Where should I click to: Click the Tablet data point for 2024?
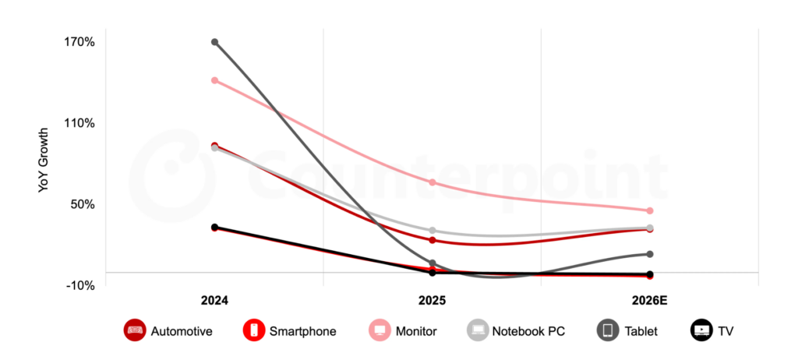click(x=214, y=42)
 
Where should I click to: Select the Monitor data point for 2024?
click(x=214, y=80)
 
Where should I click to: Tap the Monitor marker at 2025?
click(x=433, y=182)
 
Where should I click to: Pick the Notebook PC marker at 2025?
click(x=433, y=231)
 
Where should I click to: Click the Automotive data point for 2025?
click(x=433, y=240)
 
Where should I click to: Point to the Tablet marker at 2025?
click(x=433, y=263)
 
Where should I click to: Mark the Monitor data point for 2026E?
click(x=650, y=210)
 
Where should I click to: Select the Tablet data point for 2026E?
click(x=650, y=254)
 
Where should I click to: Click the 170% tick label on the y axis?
click(x=80, y=42)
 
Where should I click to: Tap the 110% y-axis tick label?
click(x=80, y=123)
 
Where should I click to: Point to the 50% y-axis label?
click(x=83, y=204)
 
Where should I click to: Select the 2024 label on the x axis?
click(x=214, y=301)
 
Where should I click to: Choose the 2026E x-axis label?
click(x=650, y=301)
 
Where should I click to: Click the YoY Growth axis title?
click(x=44, y=162)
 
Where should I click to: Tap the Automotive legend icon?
click(x=135, y=331)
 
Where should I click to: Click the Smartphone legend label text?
click(x=302, y=331)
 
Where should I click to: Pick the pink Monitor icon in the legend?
click(x=380, y=331)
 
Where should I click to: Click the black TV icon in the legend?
click(x=701, y=331)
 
